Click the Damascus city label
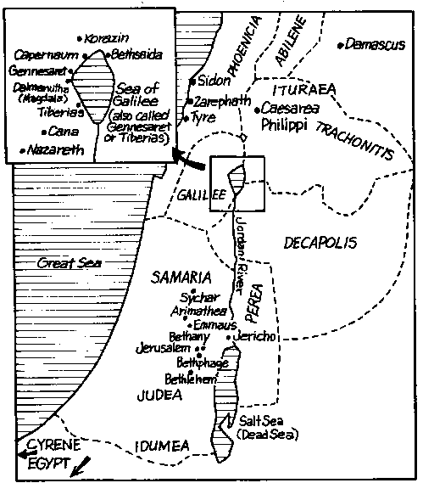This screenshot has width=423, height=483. (x=377, y=44)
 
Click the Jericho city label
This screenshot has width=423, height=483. (x=254, y=337)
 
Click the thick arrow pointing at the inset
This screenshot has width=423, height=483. (x=188, y=158)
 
